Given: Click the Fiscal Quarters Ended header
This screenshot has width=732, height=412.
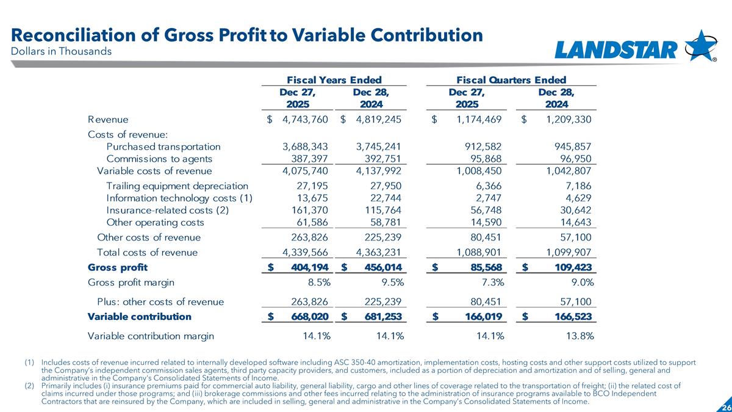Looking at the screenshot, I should point(511,79).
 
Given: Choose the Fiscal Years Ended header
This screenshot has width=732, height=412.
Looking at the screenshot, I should point(334,79).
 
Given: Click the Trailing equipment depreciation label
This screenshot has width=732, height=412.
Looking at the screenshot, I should point(177,186).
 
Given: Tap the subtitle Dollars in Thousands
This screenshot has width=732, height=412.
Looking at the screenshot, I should point(60,51).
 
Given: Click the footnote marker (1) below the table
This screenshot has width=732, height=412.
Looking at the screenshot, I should point(29,363).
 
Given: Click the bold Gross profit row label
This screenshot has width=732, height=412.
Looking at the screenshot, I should point(118,267).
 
